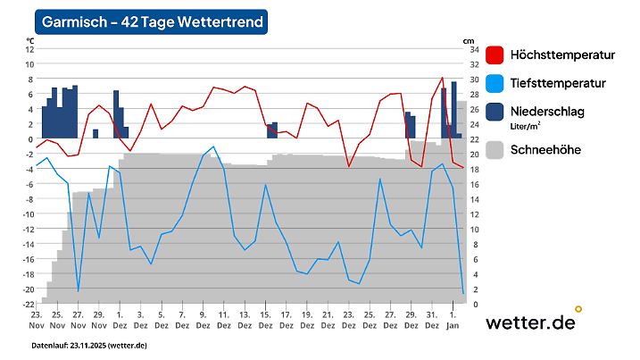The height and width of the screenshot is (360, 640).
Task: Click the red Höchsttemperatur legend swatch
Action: (496, 55)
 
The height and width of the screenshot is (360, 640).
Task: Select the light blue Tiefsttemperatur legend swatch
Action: (496, 83)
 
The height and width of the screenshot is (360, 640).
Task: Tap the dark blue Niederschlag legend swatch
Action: (496, 111)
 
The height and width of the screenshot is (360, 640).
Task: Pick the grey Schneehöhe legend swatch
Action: (496, 150)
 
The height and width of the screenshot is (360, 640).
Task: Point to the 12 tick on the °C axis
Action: (29, 49)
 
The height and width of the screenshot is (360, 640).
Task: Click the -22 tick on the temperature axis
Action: (28, 305)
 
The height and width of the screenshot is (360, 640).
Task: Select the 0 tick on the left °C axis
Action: (30, 139)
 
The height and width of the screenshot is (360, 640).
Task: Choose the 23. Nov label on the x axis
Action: (37, 321)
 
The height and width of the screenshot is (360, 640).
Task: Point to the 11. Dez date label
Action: (223, 321)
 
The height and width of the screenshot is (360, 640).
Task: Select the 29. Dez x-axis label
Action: (410, 321)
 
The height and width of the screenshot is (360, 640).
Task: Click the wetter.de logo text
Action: (529, 323)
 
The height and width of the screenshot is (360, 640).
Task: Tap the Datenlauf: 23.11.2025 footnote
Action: (89, 345)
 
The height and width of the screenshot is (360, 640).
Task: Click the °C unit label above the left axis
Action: (30, 41)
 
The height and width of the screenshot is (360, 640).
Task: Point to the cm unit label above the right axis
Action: (469, 41)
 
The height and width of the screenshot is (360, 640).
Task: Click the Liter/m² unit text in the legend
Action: (528, 127)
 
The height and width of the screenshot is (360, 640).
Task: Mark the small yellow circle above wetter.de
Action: (578, 309)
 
